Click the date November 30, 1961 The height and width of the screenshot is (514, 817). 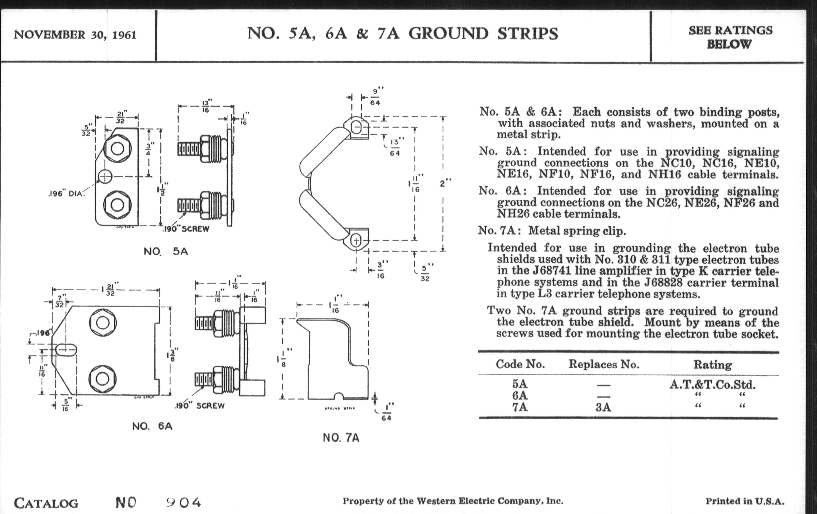pyautogui.click(x=75, y=35)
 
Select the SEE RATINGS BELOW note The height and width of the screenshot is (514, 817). pyautogui.click(x=730, y=37)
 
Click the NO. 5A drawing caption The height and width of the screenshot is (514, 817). pyautogui.click(x=166, y=251)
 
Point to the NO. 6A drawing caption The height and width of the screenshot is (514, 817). pyautogui.click(x=152, y=426)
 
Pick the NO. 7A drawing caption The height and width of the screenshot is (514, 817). pyautogui.click(x=341, y=438)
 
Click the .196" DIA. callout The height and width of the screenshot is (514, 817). pyautogui.click(x=66, y=194)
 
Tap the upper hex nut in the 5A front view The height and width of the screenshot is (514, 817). pyautogui.click(x=117, y=148)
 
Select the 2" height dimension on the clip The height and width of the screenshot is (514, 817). pyautogui.click(x=445, y=183)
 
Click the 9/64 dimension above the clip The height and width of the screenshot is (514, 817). pyautogui.click(x=375, y=96)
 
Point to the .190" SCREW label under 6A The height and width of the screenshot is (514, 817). pyautogui.click(x=200, y=406)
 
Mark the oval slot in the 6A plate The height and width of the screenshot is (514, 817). pyautogui.click(x=66, y=350)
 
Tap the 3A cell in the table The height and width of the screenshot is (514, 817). pyautogui.click(x=603, y=407)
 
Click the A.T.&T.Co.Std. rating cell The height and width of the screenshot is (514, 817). pyautogui.click(x=713, y=385)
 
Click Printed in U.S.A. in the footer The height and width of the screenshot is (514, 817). pyautogui.click(x=745, y=502)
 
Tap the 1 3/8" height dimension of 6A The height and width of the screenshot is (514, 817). pyautogui.click(x=173, y=355)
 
